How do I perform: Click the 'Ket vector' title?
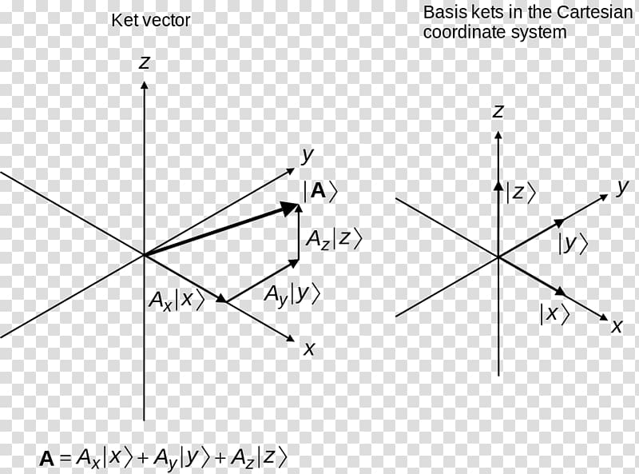click(150, 21)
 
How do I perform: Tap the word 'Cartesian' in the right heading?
click(594, 12)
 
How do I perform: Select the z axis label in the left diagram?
click(144, 62)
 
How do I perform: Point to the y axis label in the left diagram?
click(308, 156)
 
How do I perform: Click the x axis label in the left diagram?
click(309, 349)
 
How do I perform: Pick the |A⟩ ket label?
click(320, 191)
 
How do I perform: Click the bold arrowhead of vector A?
click(289, 208)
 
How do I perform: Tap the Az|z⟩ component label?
click(334, 239)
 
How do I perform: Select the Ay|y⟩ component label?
click(292, 294)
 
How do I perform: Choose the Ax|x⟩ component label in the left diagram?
click(177, 301)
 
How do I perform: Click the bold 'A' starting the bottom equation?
click(46, 459)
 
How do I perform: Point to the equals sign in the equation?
click(65, 459)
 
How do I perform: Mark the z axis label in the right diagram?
click(498, 111)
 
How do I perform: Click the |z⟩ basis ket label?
click(521, 192)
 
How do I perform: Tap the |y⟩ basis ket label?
click(573, 245)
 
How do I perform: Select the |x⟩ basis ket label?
click(554, 313)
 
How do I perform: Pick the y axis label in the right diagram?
click(622, 188)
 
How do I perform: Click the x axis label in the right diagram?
click(617, 326)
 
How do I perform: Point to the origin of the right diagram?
click(498, 257)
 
